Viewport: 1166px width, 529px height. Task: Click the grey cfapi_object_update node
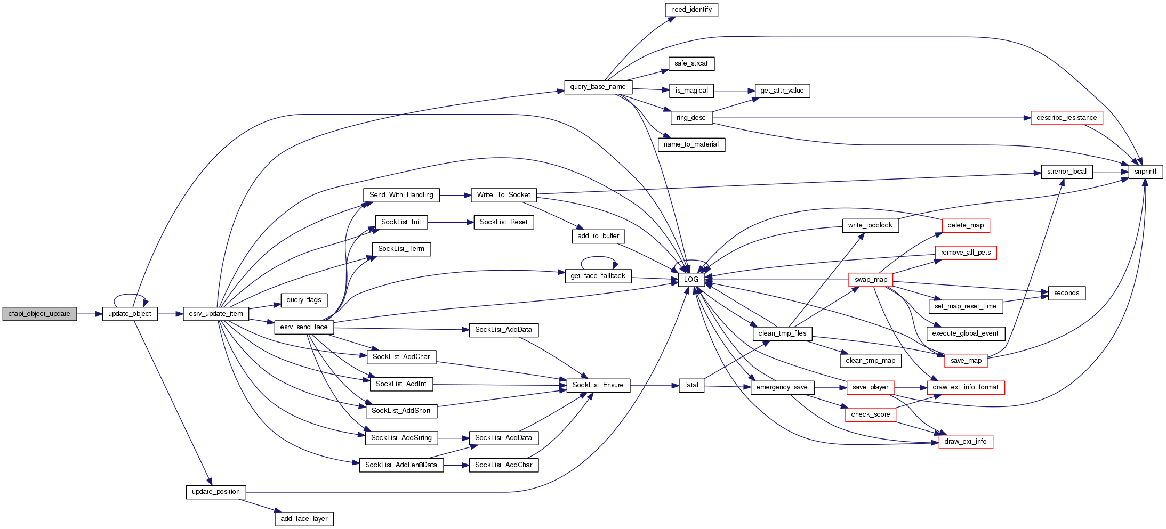[x=39, y=314]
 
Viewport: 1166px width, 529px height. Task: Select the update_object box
[x=130, y=314]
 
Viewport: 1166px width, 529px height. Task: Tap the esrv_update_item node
[x=215, y=314]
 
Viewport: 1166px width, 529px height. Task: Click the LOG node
[x=691, y=280]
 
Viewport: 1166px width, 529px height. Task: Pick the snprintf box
[x=1145, y=172]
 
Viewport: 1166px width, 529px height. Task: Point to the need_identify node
[x=691, y=10]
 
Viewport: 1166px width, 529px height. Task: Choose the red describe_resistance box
[x=1066, y=118]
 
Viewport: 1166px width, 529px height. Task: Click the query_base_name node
[x=598, y=87]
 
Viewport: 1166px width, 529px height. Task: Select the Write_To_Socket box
[x=503, y=195]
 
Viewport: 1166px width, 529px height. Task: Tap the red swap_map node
[x=871, y=280]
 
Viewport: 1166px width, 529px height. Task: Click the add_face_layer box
[x=304, y=519]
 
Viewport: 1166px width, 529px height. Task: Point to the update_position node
[x=215, y=492]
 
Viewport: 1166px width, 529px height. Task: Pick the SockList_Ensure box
[x=598, y=385]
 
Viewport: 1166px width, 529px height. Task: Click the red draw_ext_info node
[x=965, y=442]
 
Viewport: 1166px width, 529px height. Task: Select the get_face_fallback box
[x=598, y=276]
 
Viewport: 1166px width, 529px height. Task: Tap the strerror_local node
[x=1066, y=172]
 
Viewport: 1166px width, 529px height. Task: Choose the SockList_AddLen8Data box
[x=401, y=465]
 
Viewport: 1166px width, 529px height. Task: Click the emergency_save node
[x=782, y=387]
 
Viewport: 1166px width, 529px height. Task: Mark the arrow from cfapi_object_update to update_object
[x=90, y=314]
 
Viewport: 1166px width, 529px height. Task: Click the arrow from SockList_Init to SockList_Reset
[x=451, y=222]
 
